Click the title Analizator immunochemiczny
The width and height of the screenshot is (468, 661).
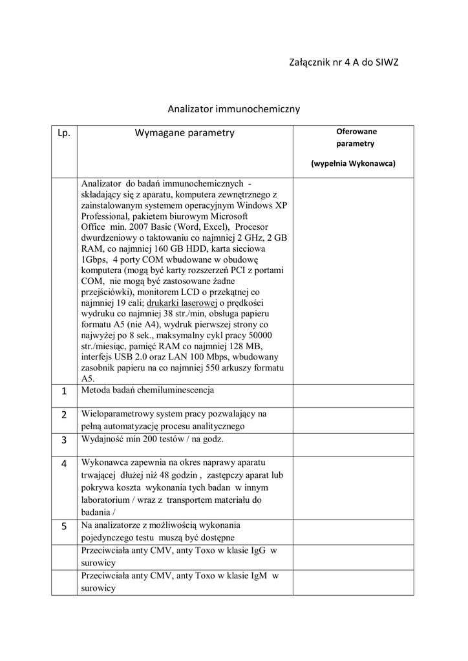(x=234, y=109)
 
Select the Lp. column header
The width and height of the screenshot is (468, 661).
(x=64, y=134)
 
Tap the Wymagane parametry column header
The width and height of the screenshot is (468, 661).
(x=184, y=134)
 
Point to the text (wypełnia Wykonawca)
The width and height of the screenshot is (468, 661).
(x=353, y=163)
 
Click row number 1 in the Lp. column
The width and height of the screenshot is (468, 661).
(x=64, y=392)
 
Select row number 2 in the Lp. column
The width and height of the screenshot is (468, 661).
(x=64, y=415)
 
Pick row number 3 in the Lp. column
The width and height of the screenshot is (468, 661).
(x=64, y=440)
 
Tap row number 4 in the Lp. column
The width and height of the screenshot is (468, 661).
(x=64, y=464)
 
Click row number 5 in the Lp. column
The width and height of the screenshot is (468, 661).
(x=64, y=526)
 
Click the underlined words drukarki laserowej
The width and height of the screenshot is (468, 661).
(x=181, y=303)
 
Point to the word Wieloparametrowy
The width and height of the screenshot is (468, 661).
(x=117, y=414)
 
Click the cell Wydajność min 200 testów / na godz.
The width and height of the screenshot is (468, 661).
(x=153, y=439)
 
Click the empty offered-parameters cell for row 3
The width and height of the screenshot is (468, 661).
(x=353, y=444)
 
